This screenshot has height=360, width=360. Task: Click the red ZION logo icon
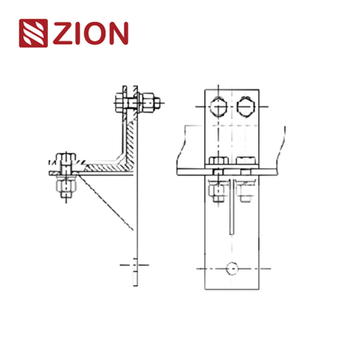coord(33,34)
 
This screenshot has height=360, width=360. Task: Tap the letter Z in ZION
coord(63,34)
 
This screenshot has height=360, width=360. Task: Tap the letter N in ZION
coord(116,34)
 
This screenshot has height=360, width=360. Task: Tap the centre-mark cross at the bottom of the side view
coord(134,264)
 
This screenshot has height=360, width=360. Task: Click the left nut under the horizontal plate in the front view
coord(218,190)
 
